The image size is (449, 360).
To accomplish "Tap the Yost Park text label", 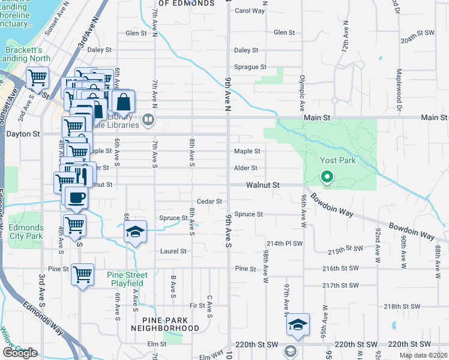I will pos(338,160).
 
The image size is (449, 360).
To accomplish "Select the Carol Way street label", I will pos(250,11).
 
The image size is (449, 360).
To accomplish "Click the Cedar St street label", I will pos(210,202).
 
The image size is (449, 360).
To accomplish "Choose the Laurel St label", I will pos(173,251).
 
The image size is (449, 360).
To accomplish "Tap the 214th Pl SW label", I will pos(285,244).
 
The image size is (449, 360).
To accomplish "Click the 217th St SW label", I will pos(337,286).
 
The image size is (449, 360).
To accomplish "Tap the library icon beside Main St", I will pos(148,121).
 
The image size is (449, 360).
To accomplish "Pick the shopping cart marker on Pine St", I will pos(82,275).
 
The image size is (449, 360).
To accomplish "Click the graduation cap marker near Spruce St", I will pos(136,232).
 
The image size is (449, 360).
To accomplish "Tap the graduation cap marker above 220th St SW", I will pos(298,324).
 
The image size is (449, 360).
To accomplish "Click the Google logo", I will pos(20,353).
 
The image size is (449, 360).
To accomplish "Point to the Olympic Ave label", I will pos(303,88).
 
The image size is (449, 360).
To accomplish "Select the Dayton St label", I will pos(23,134).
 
